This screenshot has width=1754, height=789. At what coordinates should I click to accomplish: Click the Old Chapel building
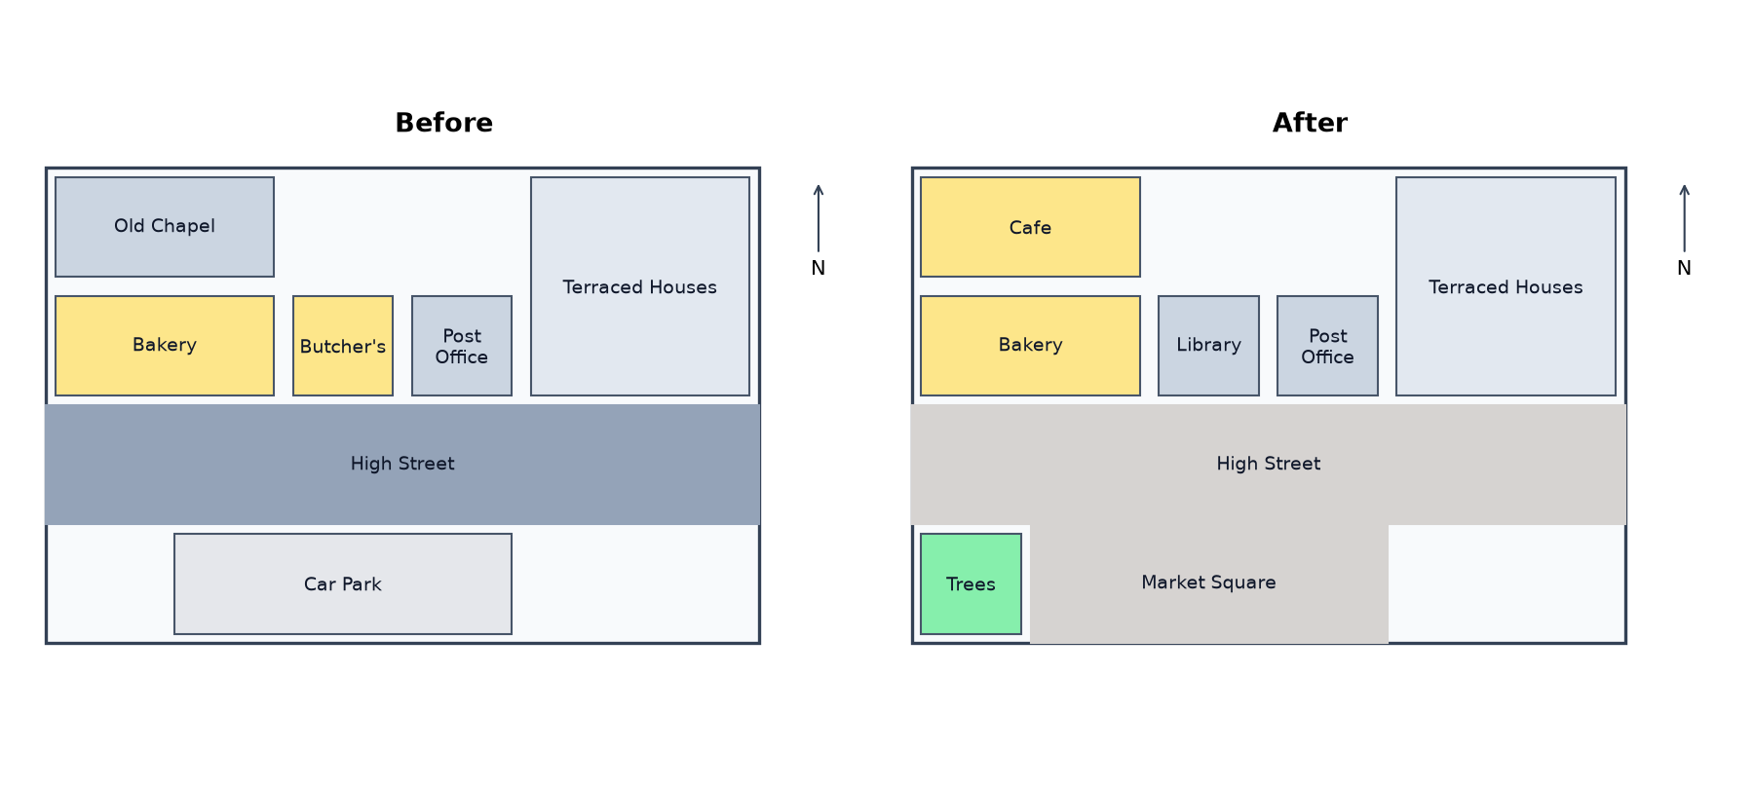165,227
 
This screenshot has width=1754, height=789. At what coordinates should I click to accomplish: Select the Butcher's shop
343,346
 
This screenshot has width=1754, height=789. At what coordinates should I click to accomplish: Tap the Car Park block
343,583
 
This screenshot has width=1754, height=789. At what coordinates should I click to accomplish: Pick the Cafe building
1030,227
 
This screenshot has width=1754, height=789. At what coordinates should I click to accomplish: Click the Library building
1208,346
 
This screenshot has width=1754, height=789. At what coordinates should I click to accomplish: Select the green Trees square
972,583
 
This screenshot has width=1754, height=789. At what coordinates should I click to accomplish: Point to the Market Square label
1208,582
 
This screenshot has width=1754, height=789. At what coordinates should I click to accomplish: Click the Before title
444,123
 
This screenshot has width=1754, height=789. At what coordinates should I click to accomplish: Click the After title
1310,123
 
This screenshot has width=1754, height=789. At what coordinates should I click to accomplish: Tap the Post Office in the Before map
462,346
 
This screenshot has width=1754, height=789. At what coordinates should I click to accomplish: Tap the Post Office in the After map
1327,346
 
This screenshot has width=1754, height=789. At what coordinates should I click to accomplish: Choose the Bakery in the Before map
165,346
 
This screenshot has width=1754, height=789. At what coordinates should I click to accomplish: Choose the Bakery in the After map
1030,346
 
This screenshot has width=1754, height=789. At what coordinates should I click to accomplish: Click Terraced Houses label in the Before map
639,287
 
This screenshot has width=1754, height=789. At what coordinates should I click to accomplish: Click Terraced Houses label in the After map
1506,287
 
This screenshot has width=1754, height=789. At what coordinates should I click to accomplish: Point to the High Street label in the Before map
402,464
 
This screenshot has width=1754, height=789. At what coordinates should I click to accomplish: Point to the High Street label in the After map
1269,464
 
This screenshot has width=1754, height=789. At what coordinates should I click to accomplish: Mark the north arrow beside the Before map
819,218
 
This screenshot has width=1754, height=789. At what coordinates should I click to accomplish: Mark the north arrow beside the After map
1684,218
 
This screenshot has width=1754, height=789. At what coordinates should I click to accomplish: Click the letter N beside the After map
1684,268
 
